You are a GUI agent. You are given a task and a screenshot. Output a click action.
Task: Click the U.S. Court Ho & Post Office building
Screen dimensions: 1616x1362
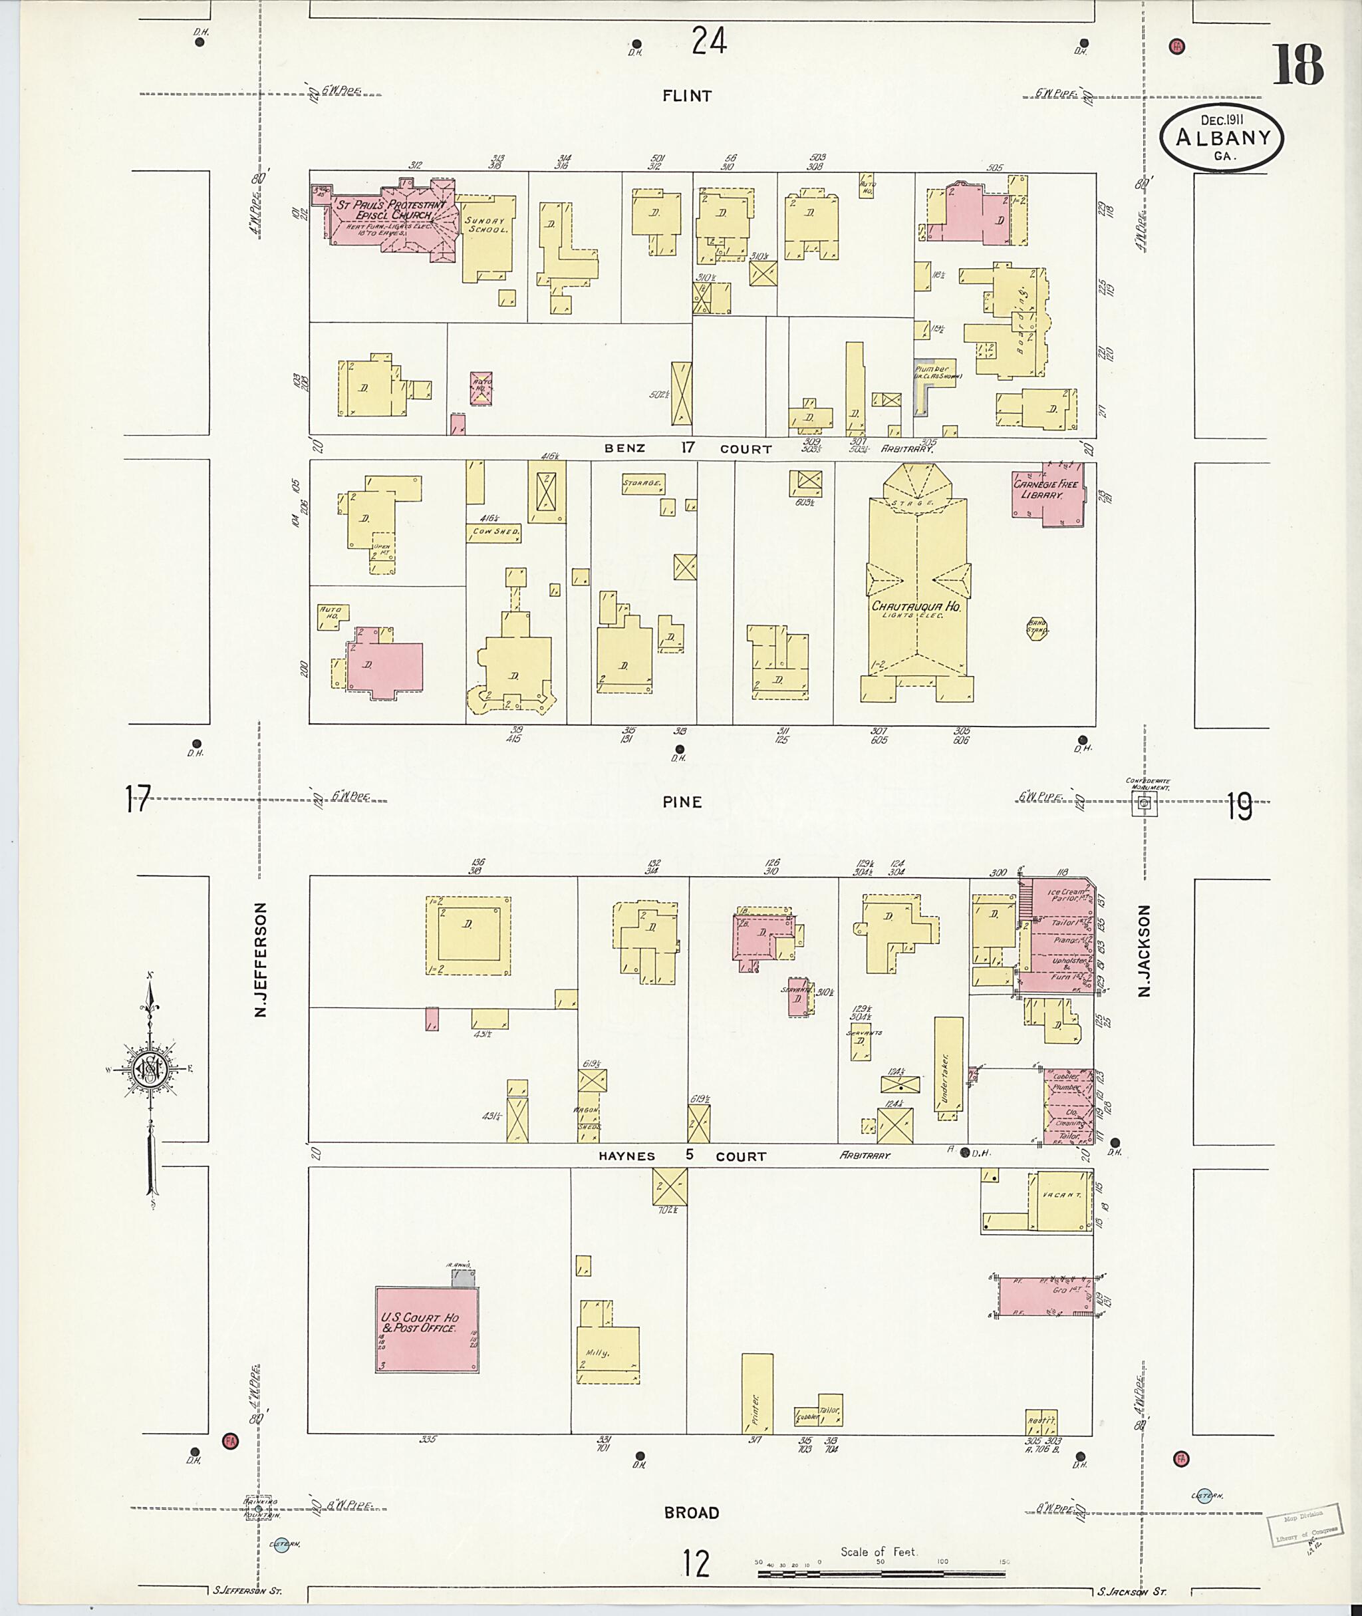pos(426,1329)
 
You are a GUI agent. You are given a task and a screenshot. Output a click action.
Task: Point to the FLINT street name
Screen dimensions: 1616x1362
pos(686,96)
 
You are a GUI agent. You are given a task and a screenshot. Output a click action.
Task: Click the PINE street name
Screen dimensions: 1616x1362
pos(682,802)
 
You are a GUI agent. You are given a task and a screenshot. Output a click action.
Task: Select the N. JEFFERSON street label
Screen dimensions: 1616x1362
pos(260,959)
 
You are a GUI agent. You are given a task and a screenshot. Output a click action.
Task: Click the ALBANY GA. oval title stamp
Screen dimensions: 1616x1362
pos(1222,138)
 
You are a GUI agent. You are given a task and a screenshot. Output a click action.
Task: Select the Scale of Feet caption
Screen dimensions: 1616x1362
pos(878,1551)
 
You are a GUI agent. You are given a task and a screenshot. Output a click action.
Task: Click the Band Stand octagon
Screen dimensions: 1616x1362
pos(1036,629)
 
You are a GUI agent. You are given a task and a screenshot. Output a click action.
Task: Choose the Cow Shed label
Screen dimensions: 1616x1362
pos(494,532)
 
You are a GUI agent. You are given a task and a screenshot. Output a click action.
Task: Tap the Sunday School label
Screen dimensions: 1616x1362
pos(486,225)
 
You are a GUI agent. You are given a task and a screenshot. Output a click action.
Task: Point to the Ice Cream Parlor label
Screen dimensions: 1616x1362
pos(1066,895)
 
